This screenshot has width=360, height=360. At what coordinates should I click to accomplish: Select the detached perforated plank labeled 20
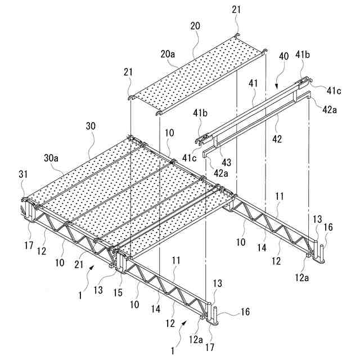197,76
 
